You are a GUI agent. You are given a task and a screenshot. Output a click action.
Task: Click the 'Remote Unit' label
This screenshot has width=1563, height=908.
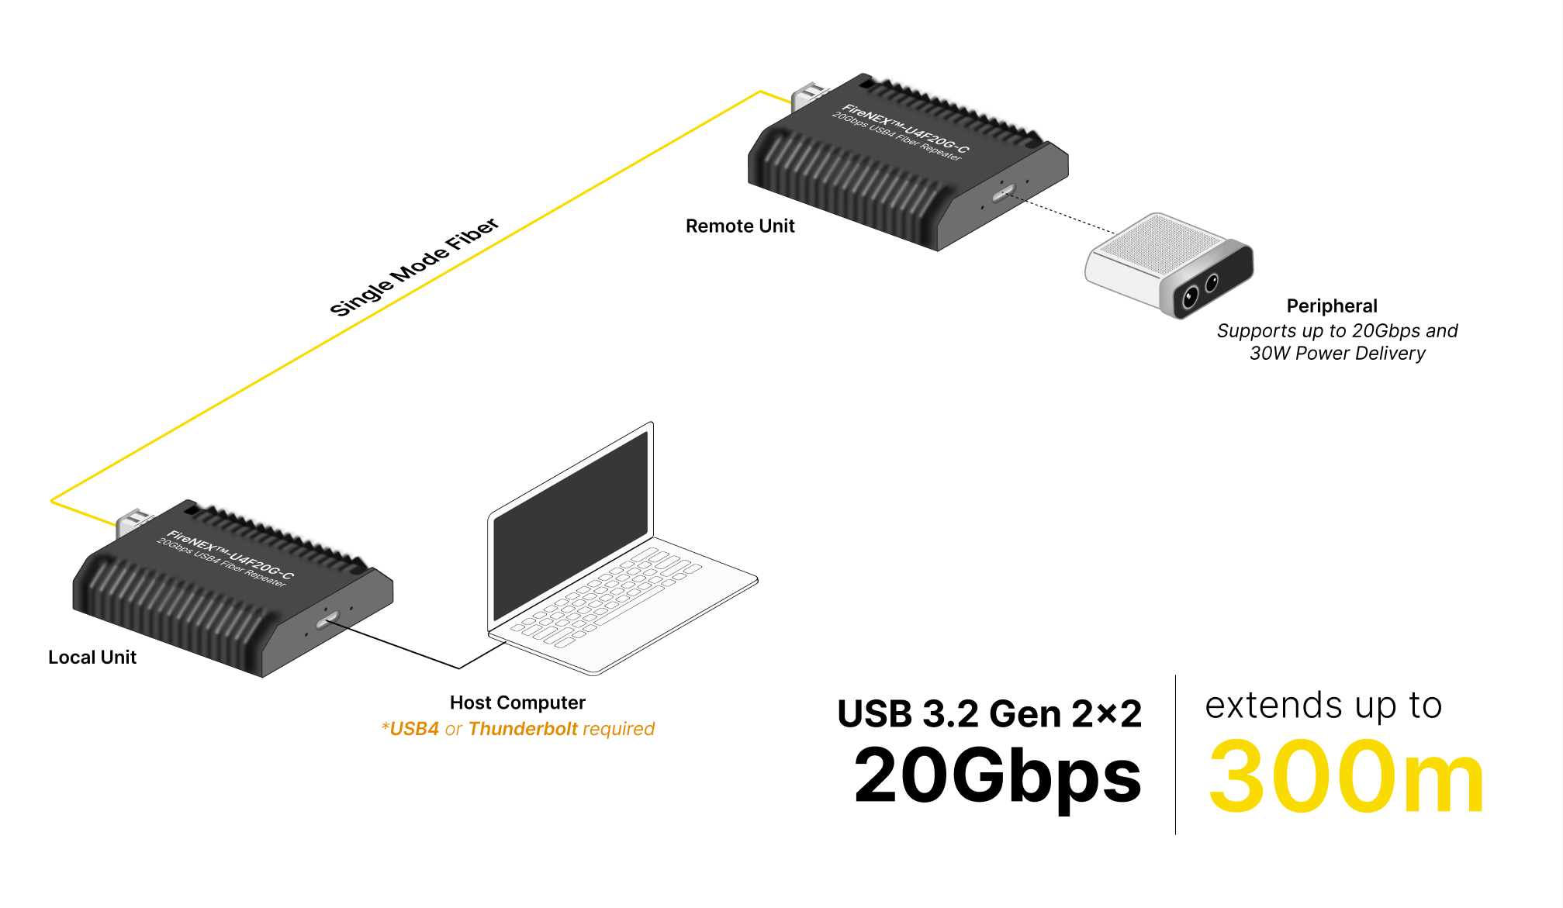click(740, 226)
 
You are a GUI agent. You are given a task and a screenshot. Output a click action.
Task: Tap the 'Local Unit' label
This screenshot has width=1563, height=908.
click(92, 658)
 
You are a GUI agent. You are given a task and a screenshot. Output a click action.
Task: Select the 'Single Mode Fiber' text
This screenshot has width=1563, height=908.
click(414, 268)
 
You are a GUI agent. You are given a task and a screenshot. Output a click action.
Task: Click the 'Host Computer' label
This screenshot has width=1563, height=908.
click(517, 703)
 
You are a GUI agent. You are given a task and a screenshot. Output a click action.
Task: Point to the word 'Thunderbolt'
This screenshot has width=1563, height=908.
click(523, 729)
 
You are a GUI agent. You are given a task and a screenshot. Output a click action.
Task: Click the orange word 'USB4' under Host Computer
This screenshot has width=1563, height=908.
click(414, 729)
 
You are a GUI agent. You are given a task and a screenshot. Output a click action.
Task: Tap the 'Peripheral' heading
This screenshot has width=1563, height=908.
click(1332, 306)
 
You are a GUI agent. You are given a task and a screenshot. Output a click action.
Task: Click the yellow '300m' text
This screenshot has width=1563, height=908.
click(1346, 778)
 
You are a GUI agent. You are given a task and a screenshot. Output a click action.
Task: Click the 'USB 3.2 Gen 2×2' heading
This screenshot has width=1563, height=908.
click(989, 714)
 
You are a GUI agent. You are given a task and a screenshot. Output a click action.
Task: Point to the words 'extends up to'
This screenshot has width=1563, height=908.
click(1323, 706)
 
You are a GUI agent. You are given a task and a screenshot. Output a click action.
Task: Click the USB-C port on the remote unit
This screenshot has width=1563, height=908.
click(1004, 192)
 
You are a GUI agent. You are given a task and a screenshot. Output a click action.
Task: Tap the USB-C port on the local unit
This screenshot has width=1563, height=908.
click(327, 620)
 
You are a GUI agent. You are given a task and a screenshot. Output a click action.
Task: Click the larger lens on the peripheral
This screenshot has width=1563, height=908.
click(1190, 296)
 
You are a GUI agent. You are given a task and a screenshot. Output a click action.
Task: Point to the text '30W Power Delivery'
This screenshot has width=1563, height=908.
click(1337, 354)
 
